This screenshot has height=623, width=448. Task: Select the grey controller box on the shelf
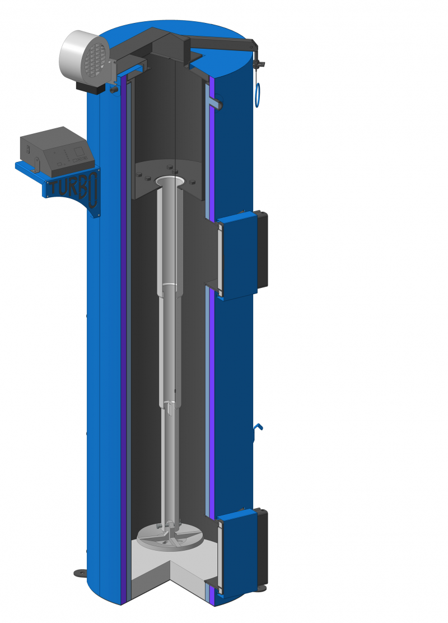58,150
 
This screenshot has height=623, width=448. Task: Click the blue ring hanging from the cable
258,95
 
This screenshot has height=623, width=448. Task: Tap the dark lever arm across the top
222,42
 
